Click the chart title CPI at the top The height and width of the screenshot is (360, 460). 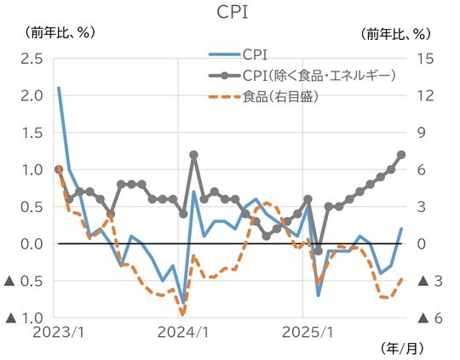pyautogui.click(x=231, y=12)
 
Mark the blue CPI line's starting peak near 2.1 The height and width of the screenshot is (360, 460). pyautogui.click(x=59, y=88)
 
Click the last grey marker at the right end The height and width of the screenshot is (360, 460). pyautogui.click(x=401, y=154)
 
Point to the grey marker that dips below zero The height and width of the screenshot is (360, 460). pyautogui.click(x=318, y=251)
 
